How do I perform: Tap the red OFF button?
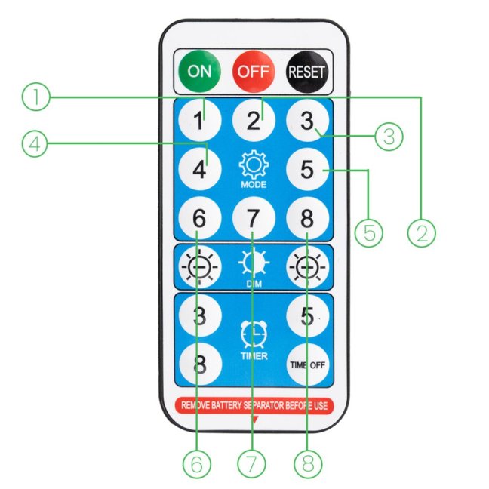(254, 72)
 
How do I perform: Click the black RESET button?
(307, 72)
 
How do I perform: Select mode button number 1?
(200, 120)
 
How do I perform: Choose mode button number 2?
(254, 120)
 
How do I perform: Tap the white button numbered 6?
(200, 218)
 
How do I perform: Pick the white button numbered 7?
(254, 218)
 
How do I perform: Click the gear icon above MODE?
(254, 165)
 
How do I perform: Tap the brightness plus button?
(307, 267)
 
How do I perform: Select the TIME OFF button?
(307, 364)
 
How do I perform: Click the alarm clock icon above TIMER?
(254, 334)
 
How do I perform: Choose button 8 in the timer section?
(200, 364)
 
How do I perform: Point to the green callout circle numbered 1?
(36, 97)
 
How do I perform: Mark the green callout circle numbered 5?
(369, 233)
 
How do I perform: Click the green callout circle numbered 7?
(251, 464)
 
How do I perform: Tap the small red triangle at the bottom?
(254, 420)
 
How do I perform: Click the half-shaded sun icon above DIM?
(254, 263)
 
